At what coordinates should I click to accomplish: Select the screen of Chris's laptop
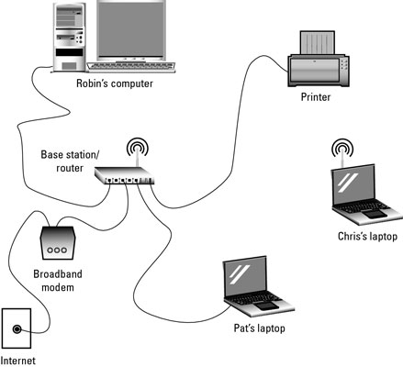[357, 186]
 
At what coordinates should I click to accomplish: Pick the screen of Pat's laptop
[248, 278]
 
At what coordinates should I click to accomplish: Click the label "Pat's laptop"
[260, 328]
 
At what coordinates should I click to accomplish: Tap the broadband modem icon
[58, 244]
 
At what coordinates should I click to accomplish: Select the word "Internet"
[18, 361]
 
